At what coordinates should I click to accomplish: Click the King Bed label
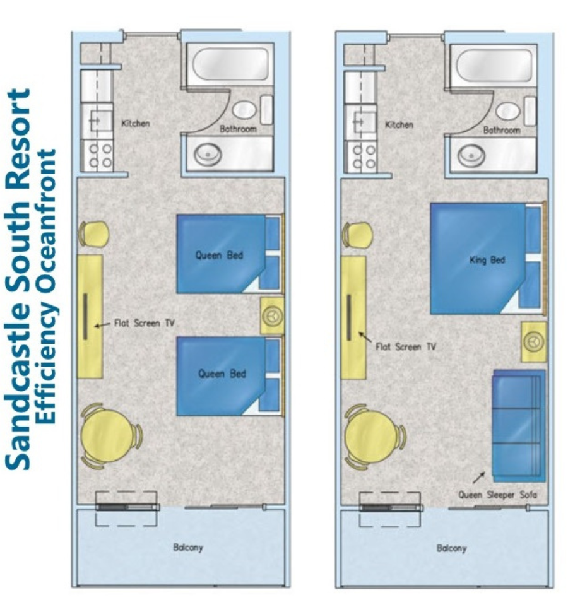487,260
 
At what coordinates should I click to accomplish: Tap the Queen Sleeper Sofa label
497,495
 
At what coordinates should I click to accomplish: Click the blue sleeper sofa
518,426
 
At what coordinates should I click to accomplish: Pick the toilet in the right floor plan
507,111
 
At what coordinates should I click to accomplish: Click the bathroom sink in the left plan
208,154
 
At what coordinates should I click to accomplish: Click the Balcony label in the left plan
188,547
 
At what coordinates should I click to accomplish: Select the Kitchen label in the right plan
399,125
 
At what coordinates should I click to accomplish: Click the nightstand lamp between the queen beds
272,315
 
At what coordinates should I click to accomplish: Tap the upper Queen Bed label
219,256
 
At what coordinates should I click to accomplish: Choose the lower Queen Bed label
222,374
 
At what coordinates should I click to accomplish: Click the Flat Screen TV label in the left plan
144,323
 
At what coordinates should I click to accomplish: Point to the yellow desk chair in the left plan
93,234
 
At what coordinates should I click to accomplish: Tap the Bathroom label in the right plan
502,131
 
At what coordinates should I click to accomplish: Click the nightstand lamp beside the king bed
534,342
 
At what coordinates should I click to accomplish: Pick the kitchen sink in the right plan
360,122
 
